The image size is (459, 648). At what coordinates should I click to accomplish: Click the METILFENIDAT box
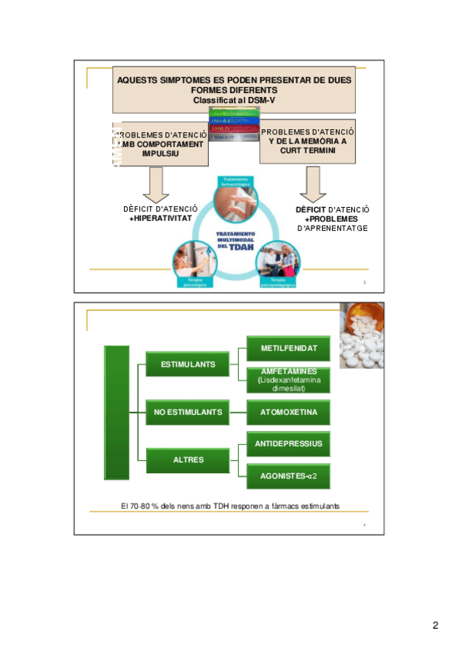point(288,348)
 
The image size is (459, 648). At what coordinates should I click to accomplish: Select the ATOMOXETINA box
point(288,413)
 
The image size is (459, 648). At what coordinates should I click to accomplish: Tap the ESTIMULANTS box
point(187,364)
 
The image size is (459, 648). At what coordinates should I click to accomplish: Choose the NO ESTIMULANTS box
point(187,413)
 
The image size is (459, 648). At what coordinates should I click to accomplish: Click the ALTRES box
point(187,459)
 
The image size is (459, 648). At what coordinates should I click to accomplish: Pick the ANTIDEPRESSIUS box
point(288,443)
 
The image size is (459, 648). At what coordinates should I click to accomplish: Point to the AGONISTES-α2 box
point(288,475)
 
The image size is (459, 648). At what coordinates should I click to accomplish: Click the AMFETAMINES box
point(288,379)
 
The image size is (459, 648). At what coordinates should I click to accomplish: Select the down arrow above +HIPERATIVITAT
point(158,183)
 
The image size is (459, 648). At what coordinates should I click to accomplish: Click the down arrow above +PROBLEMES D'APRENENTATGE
point(313,183)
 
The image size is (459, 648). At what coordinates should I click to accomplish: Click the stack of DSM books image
point(234,125)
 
